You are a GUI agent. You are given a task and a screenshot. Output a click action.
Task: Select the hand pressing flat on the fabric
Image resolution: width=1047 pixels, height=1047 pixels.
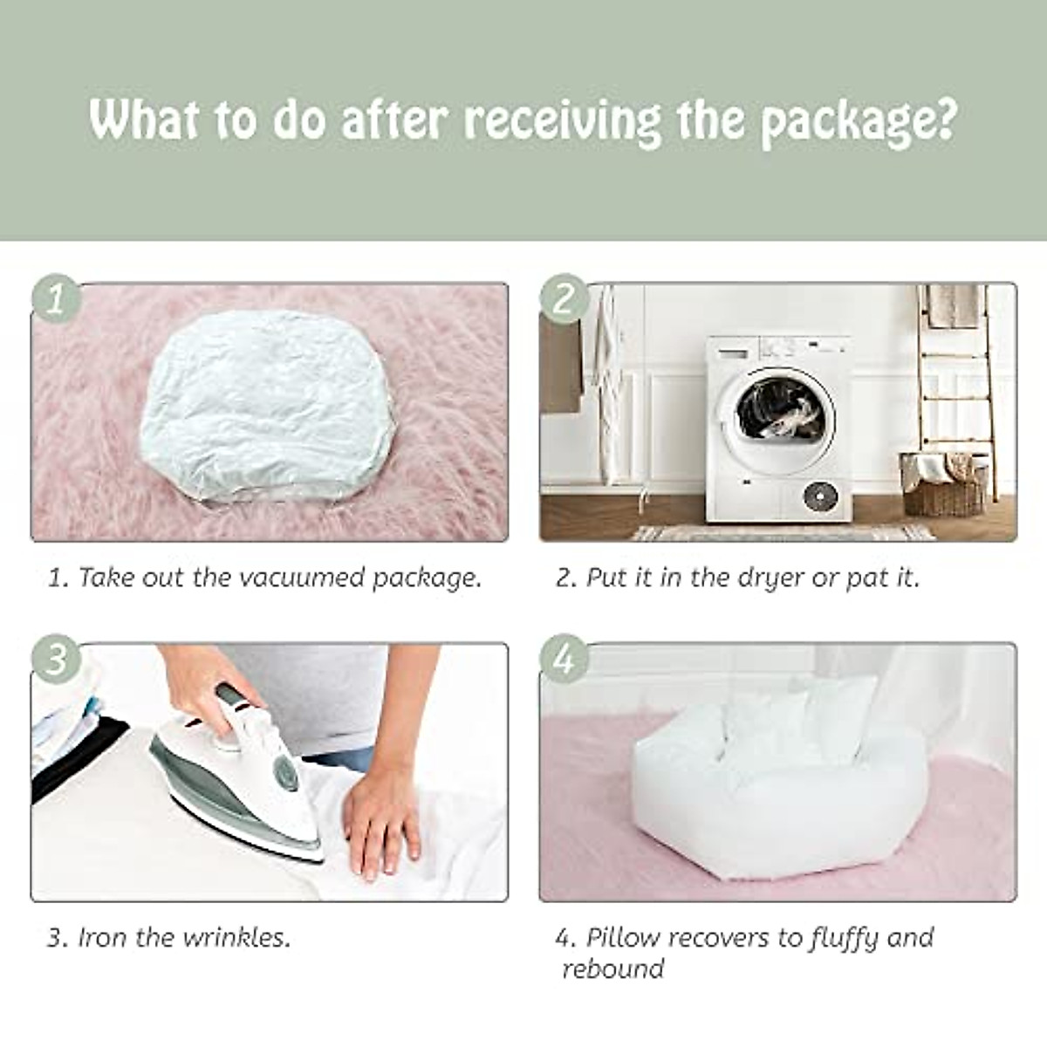tap(381, 816)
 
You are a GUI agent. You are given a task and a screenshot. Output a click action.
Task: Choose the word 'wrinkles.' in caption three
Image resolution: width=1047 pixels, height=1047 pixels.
tap(236, 938)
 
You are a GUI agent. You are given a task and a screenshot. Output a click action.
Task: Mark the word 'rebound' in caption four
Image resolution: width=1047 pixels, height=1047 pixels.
tap(612, 969)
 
